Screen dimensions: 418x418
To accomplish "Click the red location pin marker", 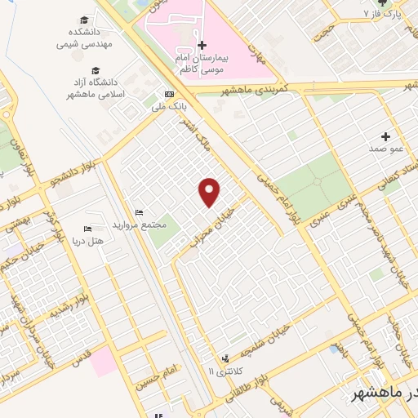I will pyautogui.click(x=210, y=191).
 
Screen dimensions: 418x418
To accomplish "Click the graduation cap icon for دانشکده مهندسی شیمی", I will pyautogui.click(x=84, y=20).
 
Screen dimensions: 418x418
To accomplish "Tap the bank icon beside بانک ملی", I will pyautogui.click(x=168, y=94).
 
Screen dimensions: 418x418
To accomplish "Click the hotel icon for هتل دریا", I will pyautogui.click(x=88, y=229).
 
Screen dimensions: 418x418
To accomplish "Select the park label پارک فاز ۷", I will pyautogui.click(x=385, y=14).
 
